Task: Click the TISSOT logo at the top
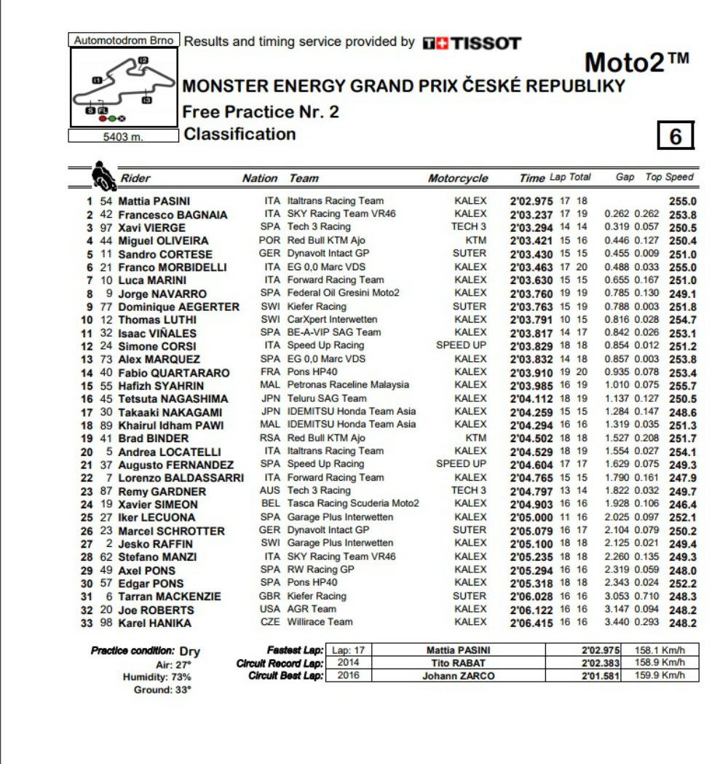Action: (472, 43)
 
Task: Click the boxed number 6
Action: (675, 137)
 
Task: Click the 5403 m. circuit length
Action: (123, 136)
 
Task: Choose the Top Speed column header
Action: (670, 177)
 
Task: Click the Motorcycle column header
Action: (458, 178)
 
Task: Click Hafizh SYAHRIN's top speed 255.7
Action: (682, 385)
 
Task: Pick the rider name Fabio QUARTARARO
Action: (174, 373)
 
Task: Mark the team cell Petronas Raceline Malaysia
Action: (348, 385)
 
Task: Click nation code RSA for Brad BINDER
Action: (270, 438)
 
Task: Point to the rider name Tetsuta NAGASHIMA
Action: (173, 398)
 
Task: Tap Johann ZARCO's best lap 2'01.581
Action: (599, 676)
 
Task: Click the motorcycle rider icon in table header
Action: (102, 176)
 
